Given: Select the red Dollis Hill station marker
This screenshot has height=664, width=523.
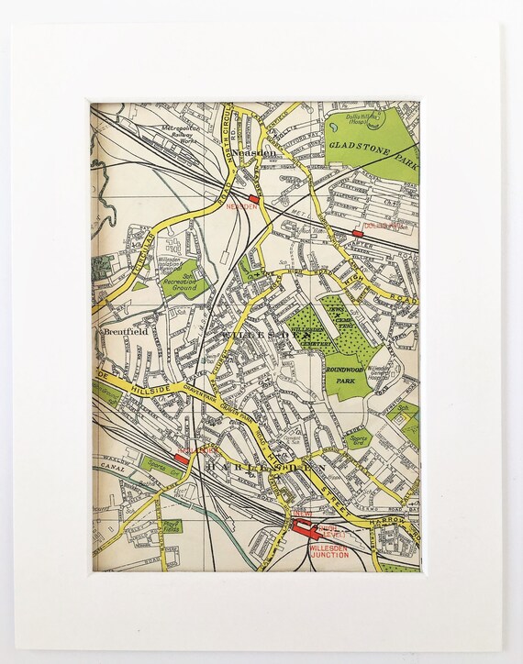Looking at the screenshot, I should pyautogui.click(x=358, y=235).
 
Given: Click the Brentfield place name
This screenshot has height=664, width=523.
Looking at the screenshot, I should pyautogui.click(x=126, y=330).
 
